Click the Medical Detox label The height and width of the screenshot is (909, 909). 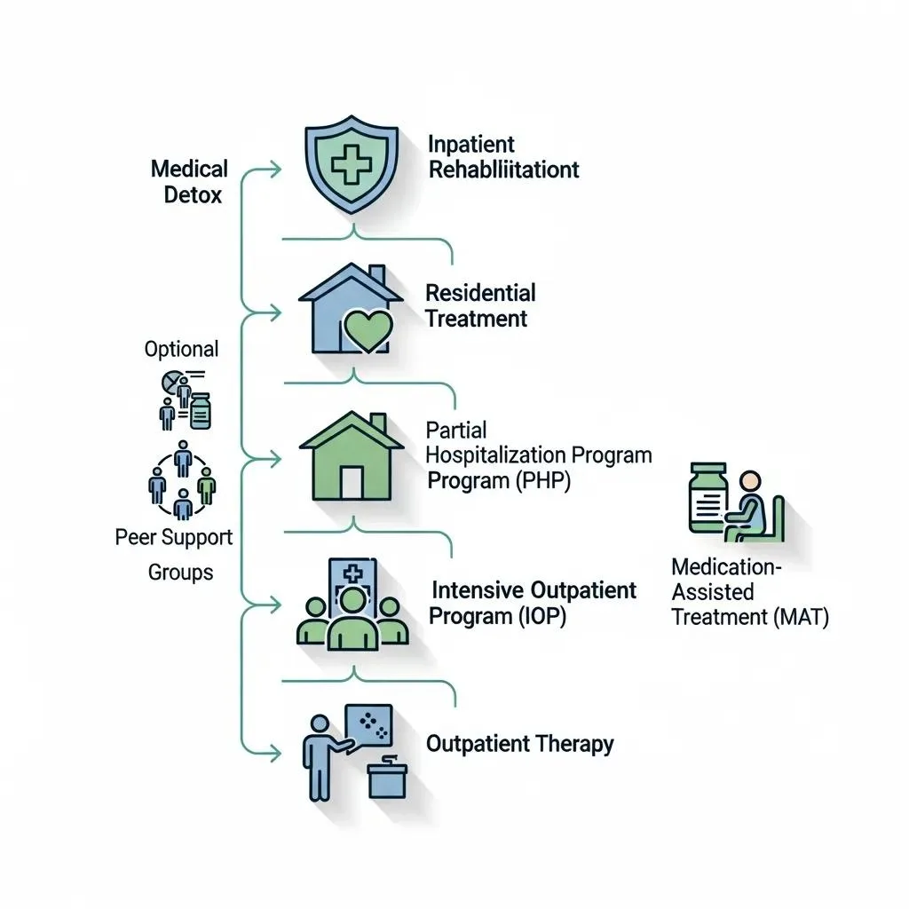[189, 181]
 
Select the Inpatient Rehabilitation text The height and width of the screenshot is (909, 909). [503, 157]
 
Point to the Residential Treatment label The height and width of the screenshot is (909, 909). [480, 305]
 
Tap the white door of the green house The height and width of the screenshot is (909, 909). [352, 481]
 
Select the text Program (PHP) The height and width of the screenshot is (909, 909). [498, 480]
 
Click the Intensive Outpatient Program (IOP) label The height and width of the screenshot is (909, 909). [533, 603]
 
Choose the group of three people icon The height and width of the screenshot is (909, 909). [352, 613]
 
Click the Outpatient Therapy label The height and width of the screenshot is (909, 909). [519, 743]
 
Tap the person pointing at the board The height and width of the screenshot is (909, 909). [316, 753]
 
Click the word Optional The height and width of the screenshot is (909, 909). [181, 349]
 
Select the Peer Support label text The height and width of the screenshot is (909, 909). [174, 537]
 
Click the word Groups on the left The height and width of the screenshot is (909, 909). [180, 573]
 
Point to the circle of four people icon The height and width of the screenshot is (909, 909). [182, 480]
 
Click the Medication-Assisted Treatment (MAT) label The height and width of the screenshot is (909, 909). [749, 591]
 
